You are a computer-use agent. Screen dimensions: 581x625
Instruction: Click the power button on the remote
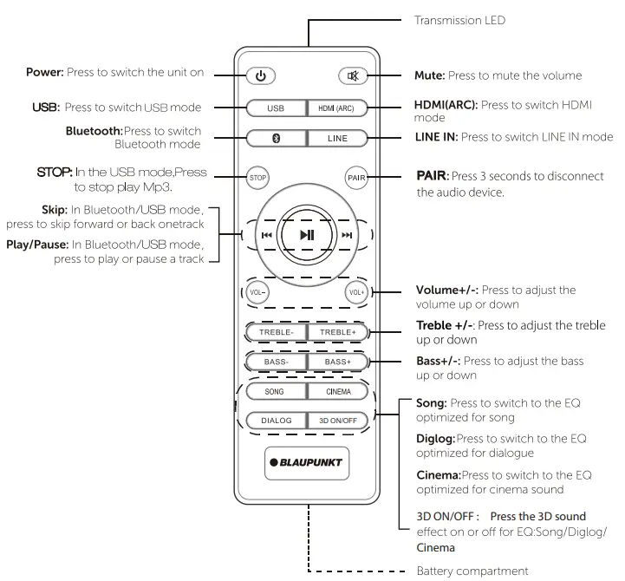tap(261, 75)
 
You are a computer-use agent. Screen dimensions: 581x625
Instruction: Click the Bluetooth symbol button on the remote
tap(276, 138)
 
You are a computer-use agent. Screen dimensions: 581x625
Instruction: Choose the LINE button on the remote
tap(338, 138)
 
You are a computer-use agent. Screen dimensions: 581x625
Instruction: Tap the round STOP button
tap(257, 177)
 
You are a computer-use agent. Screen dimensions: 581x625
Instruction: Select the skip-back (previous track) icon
tap(267, 235)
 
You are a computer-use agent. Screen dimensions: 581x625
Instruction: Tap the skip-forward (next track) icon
tap(348, 235)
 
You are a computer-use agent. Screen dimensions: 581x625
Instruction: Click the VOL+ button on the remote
tap(357, 292)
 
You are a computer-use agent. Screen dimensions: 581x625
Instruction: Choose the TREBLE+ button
tap(338, 331)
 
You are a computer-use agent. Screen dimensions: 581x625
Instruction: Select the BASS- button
tap(276, 361)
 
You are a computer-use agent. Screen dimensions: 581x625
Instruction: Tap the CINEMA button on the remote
tap(338, 391)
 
